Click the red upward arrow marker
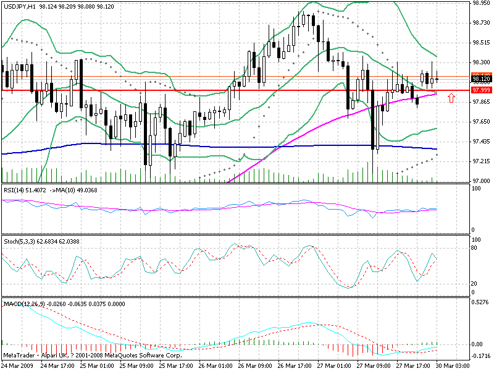tap(451, 97)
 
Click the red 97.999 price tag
tap(481, 90)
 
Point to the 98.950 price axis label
tap(481, 2)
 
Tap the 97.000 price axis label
tap(481, 181)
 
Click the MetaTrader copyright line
tap(92, 356)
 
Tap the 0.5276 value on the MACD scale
tap(481, 302)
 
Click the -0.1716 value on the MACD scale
tap(481, 356)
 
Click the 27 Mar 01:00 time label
tap(335, 365)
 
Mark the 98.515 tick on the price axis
tap(481, 43)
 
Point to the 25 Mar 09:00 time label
tap(137, 365)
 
